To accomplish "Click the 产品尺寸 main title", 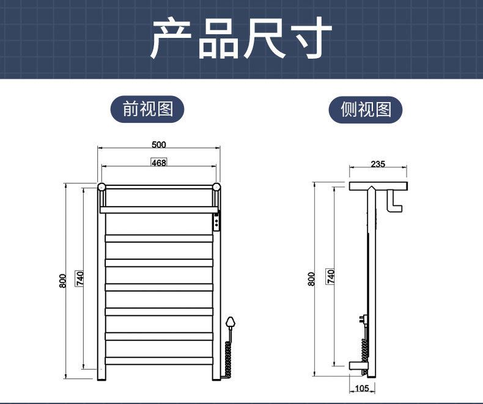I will pyautogui.click(x=241, y=39).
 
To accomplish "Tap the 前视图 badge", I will pyautogui.click(x=147, y=109).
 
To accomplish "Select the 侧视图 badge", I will pyautogui.click(x=366, y=109).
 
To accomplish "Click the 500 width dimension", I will pyautogui.click(x=158, y=145).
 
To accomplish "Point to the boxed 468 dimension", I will pyautogui.click(x=158, y=163).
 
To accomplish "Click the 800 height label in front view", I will pyautogui.click(x=62, y=281).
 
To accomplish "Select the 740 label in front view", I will pyautogui.click(x=79, y=278).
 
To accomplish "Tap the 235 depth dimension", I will pyautogui.click(x=378, y=164).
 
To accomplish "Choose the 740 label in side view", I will pyautogui.click(x=331, y=277).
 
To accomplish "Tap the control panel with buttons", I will pyautogui.click(x=216, y=222).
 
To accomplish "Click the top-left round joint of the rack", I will pyautogui.click(x=101, y=186).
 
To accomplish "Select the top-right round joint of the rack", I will pyautogui.click(x=216, y=186).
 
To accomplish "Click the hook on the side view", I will pyautogui.click(x=395, y=201).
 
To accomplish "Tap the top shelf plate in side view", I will pyautogui.click(x=378, y=185).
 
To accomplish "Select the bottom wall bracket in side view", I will pyautogui.click(x=358, y=367).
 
